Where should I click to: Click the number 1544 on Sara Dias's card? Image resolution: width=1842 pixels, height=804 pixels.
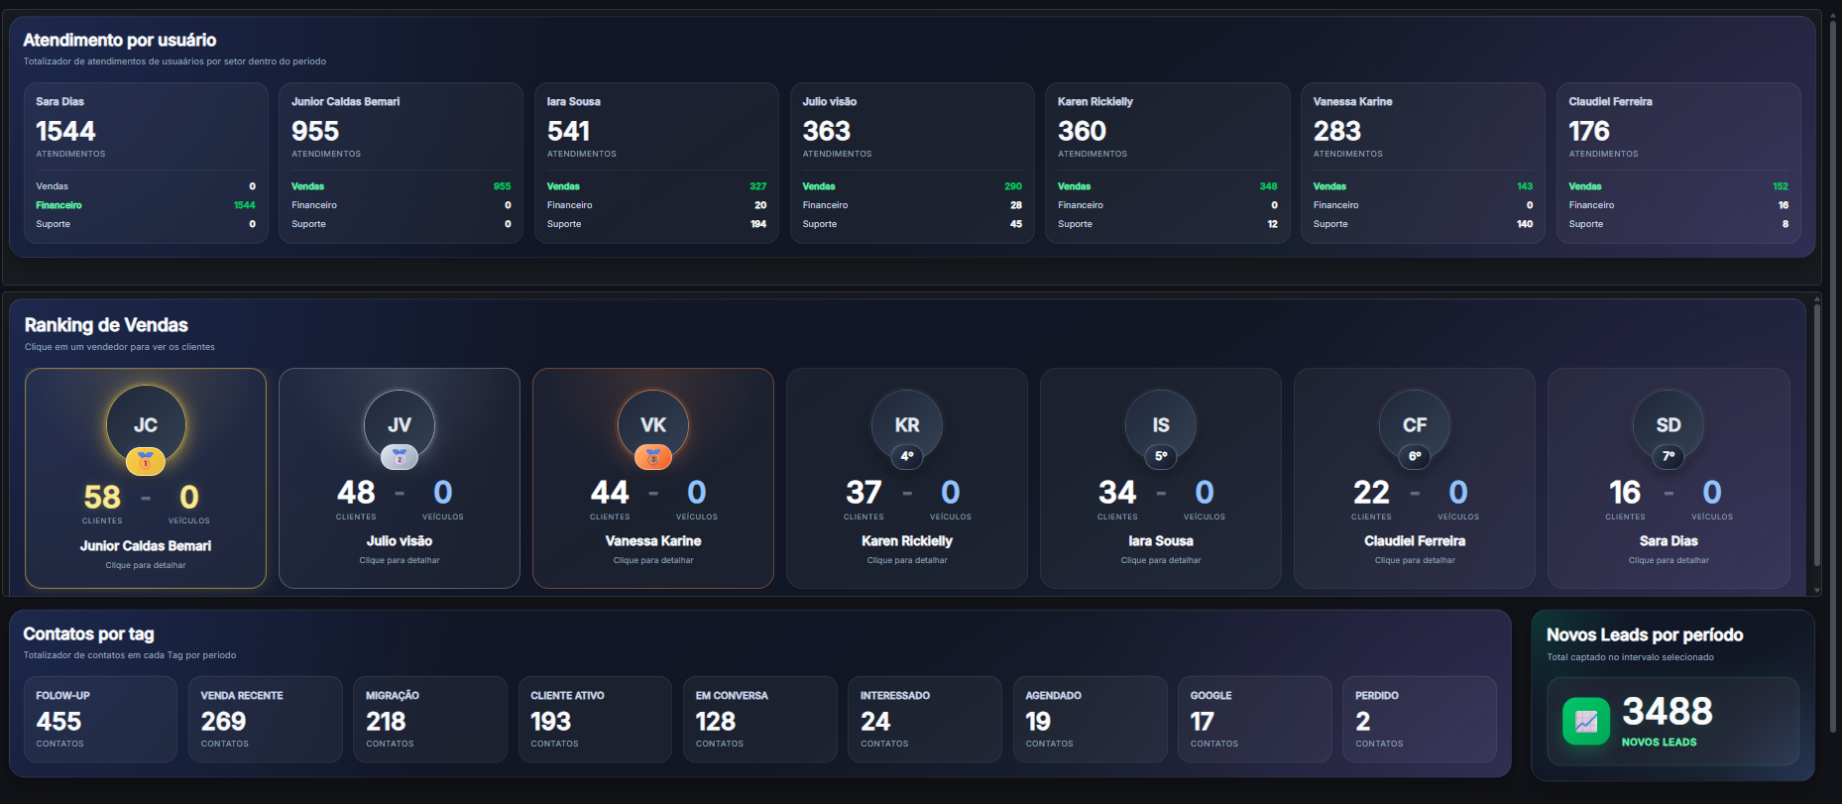[65, 131]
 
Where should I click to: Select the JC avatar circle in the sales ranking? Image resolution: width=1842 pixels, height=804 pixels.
[146, 424]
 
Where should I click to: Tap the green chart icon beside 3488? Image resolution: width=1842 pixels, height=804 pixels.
[1586, 721]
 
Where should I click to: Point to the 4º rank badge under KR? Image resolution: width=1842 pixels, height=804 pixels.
[907, 456]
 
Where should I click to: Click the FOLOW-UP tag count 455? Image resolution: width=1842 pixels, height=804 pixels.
[58, 722]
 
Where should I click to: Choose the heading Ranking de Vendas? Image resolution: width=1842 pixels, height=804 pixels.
[106, 325]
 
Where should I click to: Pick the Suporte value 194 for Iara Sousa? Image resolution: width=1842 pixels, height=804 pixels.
[758, 224]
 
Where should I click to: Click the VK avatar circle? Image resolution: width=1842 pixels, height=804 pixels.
[653, 424]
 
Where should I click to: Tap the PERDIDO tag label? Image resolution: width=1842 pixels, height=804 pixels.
[1377, 696]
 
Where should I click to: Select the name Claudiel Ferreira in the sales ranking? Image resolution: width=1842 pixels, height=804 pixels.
[1415, 541]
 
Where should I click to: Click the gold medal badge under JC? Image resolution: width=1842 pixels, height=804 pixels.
[146, 460]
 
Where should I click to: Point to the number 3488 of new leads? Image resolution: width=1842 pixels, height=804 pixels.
[1668, 711]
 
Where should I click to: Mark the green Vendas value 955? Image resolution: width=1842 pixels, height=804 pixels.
[503, 186]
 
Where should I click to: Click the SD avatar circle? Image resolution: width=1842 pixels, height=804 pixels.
[1669, 424]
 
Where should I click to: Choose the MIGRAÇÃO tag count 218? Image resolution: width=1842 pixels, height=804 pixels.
[386, 722]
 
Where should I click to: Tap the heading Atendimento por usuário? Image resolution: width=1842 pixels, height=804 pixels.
[120, 40]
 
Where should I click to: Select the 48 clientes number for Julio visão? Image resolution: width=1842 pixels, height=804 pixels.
[356, 492]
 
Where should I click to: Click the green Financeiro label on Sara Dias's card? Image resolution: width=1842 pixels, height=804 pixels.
[59, 205]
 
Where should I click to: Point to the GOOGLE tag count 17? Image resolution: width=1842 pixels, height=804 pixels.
[1202, 722]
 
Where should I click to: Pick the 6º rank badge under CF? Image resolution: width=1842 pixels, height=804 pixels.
[1415, 456]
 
